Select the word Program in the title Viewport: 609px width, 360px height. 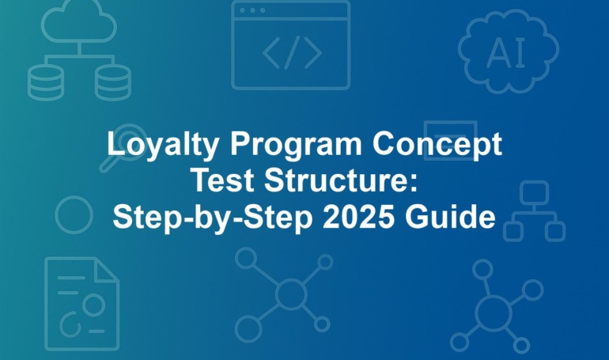point(296,146)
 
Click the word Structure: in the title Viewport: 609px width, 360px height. point(341,180)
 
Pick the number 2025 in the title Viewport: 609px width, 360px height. point(359,217)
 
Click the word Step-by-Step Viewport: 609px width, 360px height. point(213,218)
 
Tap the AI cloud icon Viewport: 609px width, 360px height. point(509,51)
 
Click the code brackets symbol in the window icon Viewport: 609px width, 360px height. point(292,52)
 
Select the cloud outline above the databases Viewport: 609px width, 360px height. point(79,21)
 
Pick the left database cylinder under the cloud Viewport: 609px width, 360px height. point(46,82)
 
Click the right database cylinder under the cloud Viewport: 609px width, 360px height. point(113,82)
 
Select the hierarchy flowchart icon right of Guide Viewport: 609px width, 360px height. point(535,211)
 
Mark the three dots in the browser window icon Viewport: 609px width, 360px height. point(252,10)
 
